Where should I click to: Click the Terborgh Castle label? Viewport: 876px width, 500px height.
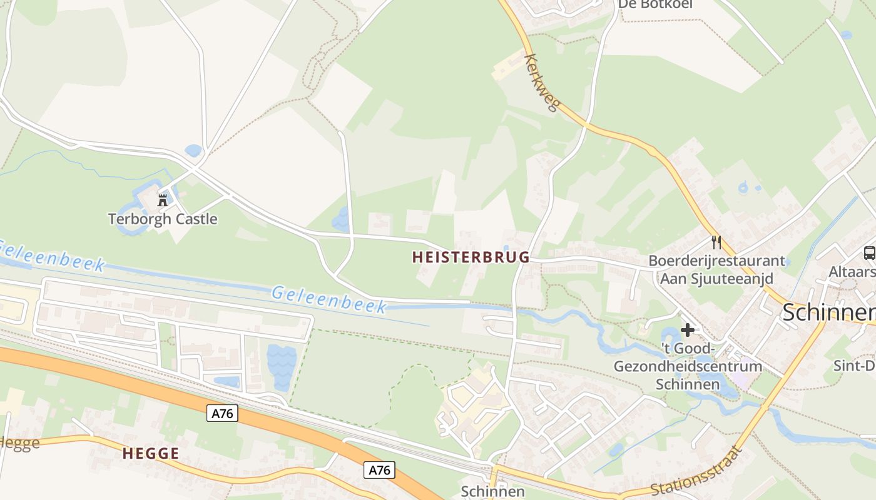[163, 219]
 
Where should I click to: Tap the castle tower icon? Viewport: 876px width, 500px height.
[163, 200]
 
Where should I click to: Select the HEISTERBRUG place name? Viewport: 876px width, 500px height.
[471, 257]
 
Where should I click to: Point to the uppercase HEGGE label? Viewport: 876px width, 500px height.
[151, 454]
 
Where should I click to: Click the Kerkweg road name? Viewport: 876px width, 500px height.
[541, 82]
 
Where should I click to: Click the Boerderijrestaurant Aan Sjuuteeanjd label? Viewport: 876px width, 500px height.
[716, 269]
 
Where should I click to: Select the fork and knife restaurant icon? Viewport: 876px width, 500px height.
[716, 242]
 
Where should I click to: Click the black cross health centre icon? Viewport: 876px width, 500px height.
[688, 329]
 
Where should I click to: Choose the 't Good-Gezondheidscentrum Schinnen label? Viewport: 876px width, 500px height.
[688, 366]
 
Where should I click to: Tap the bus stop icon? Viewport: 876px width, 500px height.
[869, 252]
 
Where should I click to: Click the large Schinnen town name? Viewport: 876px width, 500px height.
[828, 312]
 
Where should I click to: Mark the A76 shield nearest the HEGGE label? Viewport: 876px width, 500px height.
[222, 413]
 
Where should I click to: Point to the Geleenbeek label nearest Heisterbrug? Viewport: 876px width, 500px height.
[329, 299]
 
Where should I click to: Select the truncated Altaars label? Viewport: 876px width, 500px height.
[852, 272]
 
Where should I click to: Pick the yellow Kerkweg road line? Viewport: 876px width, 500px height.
[663, 159]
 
